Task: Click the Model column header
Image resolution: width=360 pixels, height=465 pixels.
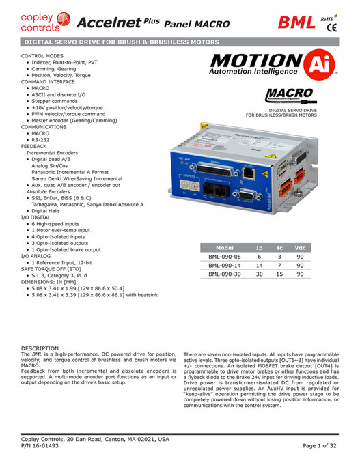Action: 225,247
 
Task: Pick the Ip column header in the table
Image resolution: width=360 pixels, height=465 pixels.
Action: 259,247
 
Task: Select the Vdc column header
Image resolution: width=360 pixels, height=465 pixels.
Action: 299,247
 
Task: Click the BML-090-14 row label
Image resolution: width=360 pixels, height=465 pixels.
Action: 225,264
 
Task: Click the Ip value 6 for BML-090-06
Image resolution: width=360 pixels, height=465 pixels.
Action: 259,256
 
